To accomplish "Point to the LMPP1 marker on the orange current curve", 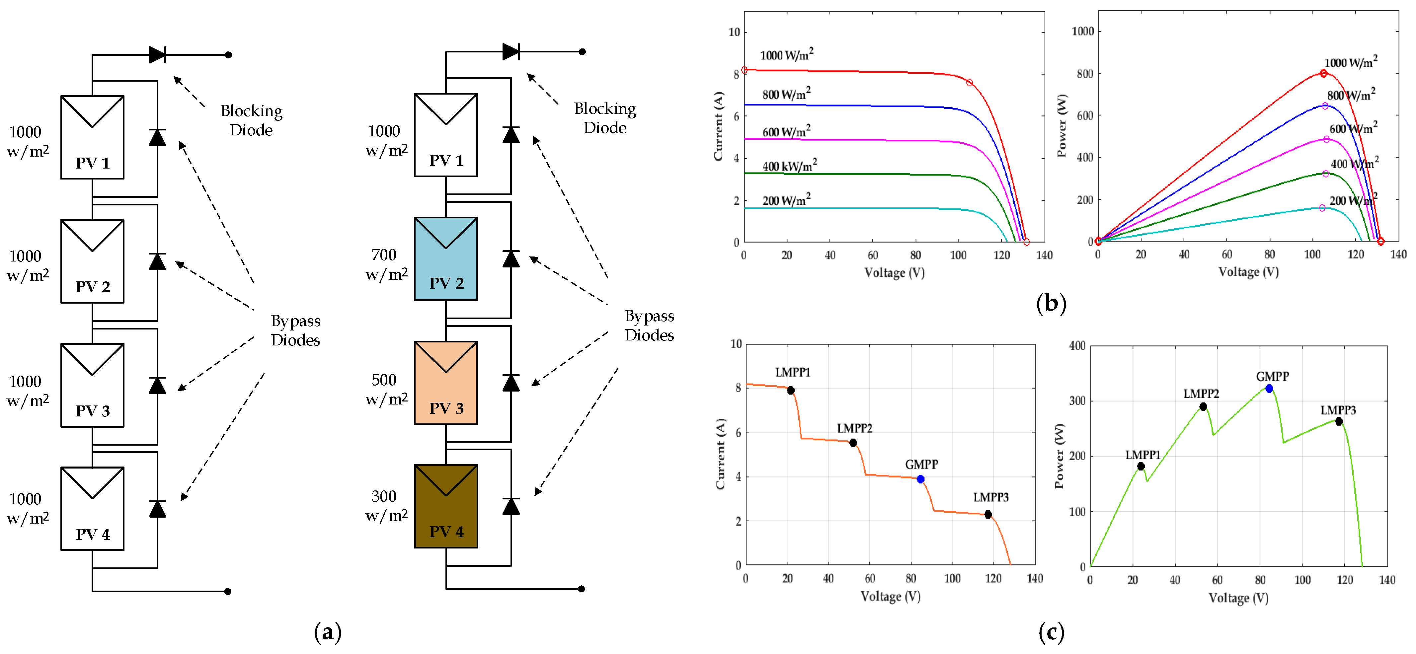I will (x=790, y=390).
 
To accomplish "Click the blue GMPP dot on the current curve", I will (x=921, y=479).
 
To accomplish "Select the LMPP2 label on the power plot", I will (x=1201, y=394).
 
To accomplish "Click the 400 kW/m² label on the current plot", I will (x=789, y=166).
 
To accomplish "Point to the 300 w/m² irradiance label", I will (x=386, y=506).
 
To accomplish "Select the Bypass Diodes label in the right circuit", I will (x=649, y=326).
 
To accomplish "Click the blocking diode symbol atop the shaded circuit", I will (x=511, y=52).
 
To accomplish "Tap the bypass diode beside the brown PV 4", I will (x=511, y=506).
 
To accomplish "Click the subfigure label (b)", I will (x=1051, y=303).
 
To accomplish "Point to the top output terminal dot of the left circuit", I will (x=228, y=55).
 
